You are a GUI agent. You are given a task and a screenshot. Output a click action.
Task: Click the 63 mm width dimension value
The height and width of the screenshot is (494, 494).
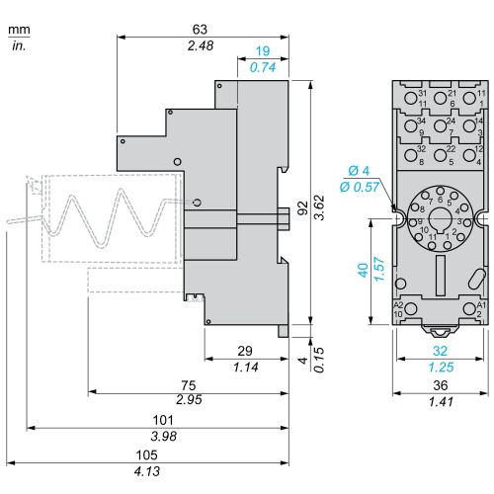click(200, 30)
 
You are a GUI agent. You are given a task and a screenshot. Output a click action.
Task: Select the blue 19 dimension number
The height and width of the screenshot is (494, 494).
click(263, 51)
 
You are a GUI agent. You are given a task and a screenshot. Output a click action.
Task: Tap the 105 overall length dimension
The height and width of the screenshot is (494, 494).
click(147, 454)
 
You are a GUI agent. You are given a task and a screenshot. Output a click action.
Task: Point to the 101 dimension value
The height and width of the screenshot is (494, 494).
click(163, 420)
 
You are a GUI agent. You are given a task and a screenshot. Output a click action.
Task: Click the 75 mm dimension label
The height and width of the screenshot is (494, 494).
click(189, 385)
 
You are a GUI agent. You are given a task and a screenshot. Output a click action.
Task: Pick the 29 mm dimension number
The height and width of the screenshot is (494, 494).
click(245, 351)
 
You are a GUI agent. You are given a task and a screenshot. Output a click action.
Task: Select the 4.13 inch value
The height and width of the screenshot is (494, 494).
click(147, 471)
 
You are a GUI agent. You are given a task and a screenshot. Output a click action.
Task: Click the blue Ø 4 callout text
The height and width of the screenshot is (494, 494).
click(359, 171)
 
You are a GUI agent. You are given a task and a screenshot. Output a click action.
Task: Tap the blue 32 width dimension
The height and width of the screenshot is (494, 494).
click(440, 351)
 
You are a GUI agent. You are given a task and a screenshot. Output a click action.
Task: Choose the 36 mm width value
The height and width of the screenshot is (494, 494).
click(441, 385)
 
